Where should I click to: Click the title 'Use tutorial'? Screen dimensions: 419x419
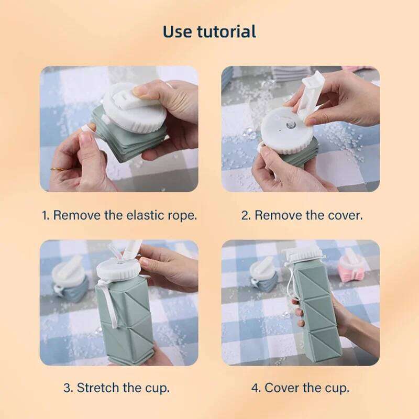(x=209, y=31)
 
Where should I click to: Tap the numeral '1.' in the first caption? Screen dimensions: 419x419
(x=46, y=215)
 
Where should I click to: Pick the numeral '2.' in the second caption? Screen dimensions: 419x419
(x=246, y=215)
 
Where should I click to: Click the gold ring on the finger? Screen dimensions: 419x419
(x=57, y=169)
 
